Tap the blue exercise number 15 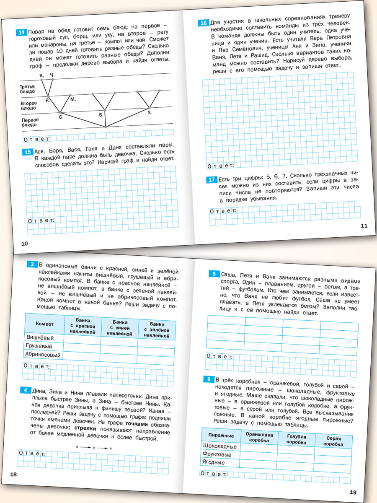coord(27,152)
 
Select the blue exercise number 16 coord(203,23)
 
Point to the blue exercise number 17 coord(212,180)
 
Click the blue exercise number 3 coord(32,264)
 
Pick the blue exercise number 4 coord(26,390)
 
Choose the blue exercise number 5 coord(214,274)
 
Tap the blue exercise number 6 coord(208,379)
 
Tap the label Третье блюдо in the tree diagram coord(27,89)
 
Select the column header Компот coord(44,324)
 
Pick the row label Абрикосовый coord(43,355)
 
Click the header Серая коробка coord(333,441)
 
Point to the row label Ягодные coord(214,462)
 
